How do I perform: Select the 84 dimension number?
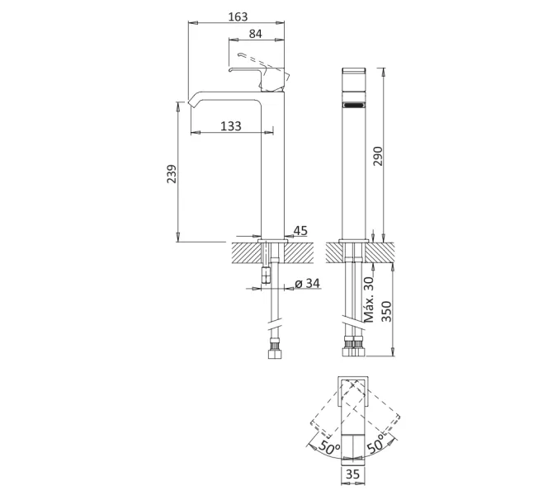(x=256, y=34)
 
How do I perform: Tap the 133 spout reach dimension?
(x=231, y=125)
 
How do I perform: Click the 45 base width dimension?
(x=300, y=231)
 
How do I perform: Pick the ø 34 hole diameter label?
(x=307, y=284)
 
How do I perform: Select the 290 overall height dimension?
(x=379, y=158)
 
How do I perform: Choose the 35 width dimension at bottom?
(x=353, y=474)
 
